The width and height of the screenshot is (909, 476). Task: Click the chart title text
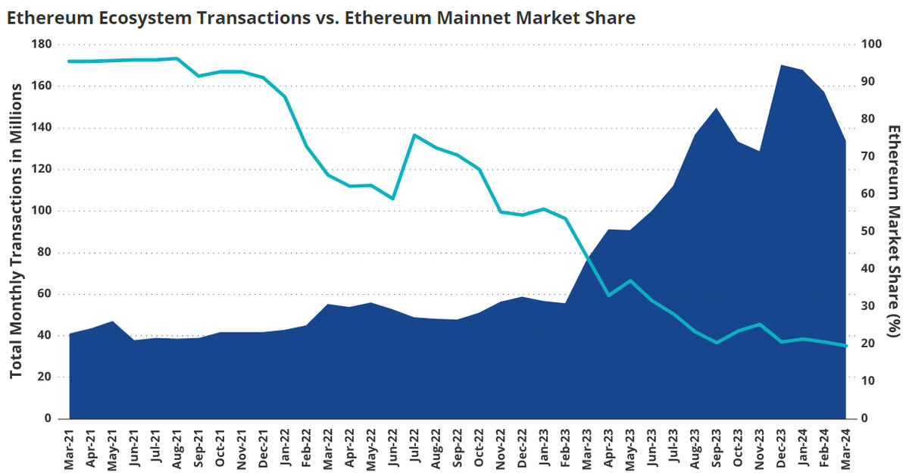pos(321,17)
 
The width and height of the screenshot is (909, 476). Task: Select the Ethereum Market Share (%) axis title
pos(893,231)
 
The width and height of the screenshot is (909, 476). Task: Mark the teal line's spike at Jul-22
pos(414,135)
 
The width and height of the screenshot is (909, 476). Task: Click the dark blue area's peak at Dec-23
pos(782,65)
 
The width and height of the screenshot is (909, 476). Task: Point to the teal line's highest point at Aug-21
pos(176,58)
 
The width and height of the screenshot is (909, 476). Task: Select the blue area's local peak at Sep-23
pos(717,108)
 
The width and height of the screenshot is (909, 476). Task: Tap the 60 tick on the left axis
pos(42,294)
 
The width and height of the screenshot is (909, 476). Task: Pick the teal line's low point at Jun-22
pos(392,199)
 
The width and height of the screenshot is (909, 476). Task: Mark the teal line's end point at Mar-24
pos(846,346)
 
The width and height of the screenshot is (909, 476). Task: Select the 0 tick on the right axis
pos(865,418)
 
